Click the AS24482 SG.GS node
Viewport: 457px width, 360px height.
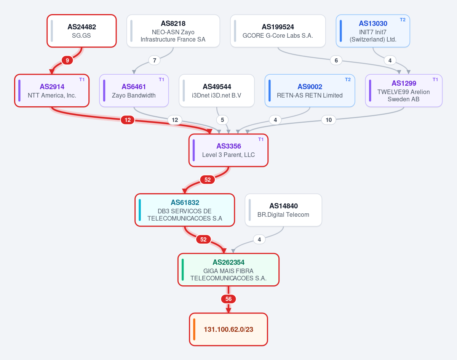click(81, 31)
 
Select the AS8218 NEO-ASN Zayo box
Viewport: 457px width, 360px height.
click(173, 31)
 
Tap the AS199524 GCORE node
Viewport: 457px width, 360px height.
click(278, 31)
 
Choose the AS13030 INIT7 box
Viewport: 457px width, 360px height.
click(373, 31)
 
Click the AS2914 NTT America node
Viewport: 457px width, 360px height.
click(52, 91)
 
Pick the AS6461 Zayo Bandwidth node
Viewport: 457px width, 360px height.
click(134, 91)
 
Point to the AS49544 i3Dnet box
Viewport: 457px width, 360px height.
click(217, 91)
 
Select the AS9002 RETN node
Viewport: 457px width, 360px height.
click(310, 91)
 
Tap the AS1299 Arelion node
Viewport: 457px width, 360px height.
click(404, 91)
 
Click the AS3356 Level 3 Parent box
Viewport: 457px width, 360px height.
click(228, 150)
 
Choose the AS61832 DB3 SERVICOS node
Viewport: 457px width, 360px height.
click(185, 210)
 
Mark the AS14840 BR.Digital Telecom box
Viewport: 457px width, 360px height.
click(283, 210)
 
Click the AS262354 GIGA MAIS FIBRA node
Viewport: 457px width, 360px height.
click(228, 270)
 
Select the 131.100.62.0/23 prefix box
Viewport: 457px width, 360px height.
click(228, 330)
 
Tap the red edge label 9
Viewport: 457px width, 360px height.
click(67, 60)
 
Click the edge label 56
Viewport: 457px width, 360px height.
click(228, 299)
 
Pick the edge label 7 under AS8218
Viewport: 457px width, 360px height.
click(155, 60)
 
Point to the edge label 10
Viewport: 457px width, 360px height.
click(329, 120)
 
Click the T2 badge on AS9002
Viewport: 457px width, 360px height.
click(348, 80)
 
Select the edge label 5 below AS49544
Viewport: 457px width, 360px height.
click(222, 120)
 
